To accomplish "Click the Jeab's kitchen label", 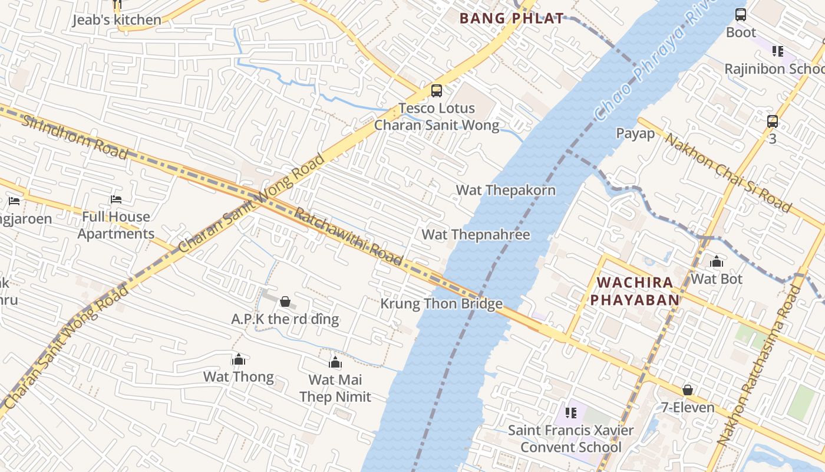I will (116, 20).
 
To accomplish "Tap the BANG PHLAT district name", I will (511, 18).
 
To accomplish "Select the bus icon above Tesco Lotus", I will (436, 91).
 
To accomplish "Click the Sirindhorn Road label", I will (74, 137).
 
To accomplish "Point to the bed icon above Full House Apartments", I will (116, 200).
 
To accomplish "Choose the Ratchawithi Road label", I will (348, 237).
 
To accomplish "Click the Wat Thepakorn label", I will (506, 190).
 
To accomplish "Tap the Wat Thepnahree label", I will (476, 234).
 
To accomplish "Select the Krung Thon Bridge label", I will (441, 304).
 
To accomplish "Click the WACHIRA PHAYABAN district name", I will (635, 291).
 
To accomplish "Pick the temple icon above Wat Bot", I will (716, 261).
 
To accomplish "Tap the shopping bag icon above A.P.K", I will (285, 302).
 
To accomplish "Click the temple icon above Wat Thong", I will (239, 359).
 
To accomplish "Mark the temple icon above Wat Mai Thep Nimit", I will (335, 362).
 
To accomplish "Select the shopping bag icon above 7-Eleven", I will (687, 390).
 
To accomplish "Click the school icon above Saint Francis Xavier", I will (570, 413).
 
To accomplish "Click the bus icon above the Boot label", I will (741, 15).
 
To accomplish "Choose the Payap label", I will (635, 133).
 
